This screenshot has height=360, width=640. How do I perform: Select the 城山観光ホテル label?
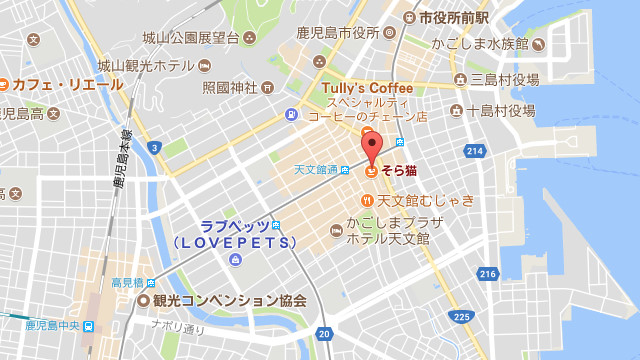point(146,65)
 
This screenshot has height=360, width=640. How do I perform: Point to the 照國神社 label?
point(230,87)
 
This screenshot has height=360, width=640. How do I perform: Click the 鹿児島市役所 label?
point(339,33)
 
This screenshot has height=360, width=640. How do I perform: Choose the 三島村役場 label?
point(504,79)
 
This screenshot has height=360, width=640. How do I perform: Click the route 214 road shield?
point(475,151)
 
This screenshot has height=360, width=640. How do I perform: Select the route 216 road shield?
point(488,273)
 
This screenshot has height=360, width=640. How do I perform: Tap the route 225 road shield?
point(461,317)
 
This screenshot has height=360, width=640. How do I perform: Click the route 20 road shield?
point(323,334)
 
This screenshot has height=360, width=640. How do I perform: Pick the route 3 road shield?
point(154,147)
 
